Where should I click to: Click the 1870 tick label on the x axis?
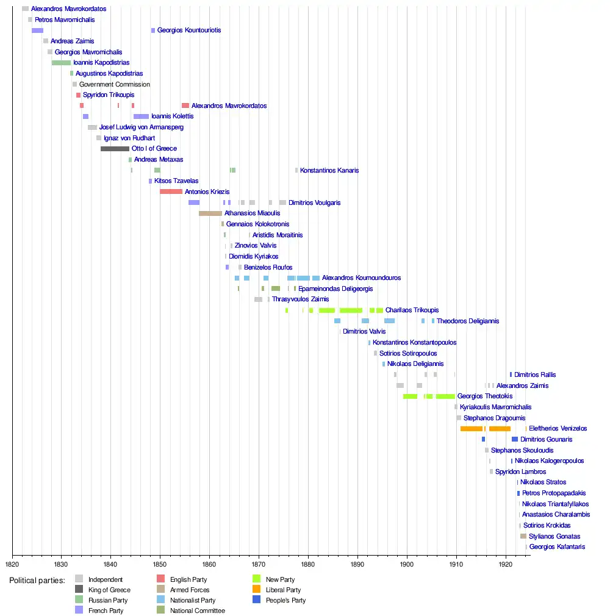259,565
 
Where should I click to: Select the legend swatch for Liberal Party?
256,590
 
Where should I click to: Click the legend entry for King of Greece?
109,590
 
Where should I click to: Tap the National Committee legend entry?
197,611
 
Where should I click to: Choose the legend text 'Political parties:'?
37,580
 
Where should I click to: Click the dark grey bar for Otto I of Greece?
115,149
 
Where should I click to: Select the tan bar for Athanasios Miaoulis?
210,213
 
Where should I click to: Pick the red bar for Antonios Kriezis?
171,192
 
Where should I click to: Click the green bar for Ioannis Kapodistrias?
61,63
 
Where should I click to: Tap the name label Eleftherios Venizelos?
558,429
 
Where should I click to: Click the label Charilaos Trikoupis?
412,310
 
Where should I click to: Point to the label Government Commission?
114,84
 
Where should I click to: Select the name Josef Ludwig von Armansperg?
141,127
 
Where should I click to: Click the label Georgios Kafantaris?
557,547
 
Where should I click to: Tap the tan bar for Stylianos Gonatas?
523,536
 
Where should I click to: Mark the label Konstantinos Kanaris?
329,170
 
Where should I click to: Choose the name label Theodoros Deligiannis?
467,321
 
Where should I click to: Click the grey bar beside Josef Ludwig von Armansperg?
92,127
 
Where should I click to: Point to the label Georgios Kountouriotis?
189,30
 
